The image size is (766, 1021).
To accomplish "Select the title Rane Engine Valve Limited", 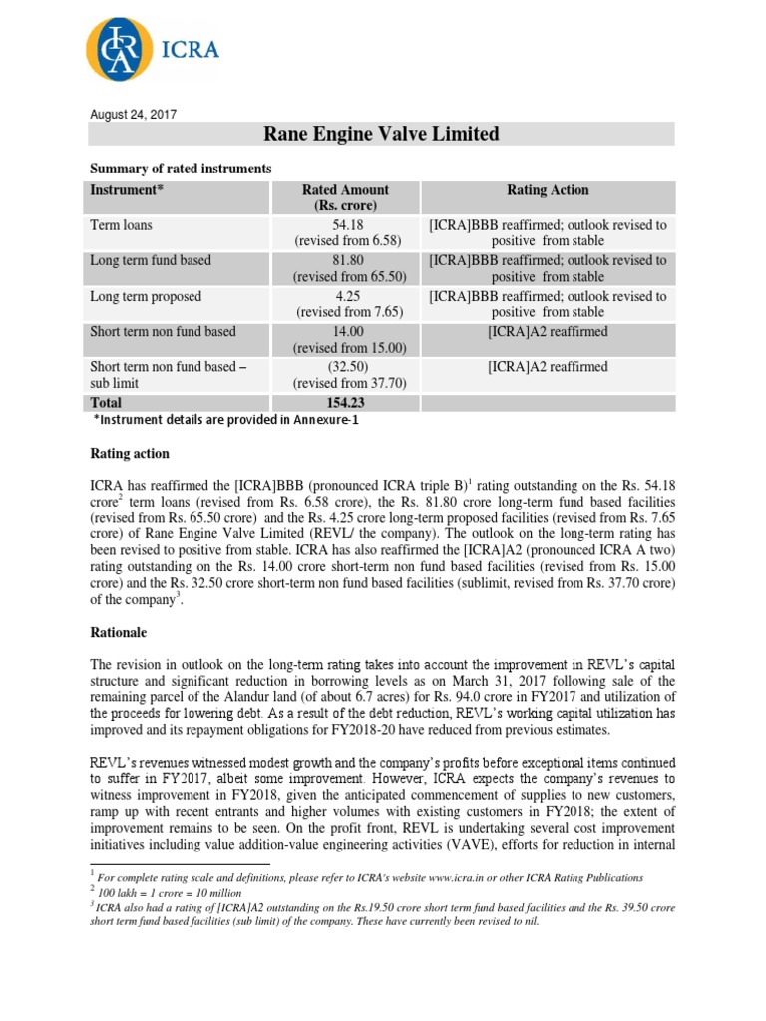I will pos(380,134).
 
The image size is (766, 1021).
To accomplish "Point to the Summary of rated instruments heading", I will pos(181,169).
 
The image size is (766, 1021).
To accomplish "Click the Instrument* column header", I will pos(128,190).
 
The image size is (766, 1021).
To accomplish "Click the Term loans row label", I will pos(122,225).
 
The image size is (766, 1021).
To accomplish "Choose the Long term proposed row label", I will pos(146,296).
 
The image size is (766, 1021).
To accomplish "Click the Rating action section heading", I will pos(130,454).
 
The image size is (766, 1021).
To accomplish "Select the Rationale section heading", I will pos(123,632).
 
